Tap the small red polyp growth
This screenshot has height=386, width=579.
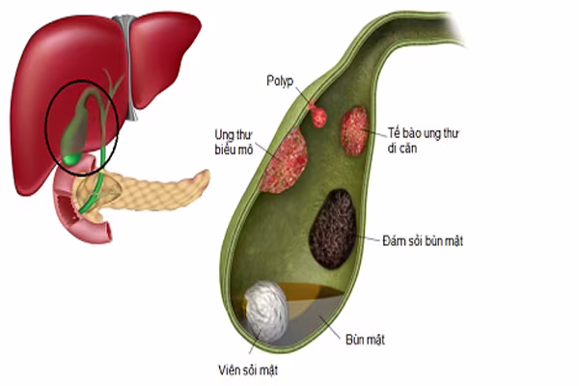pyautogui.click(x=317, y=116)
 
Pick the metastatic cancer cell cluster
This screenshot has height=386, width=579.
pyautogui.click(x=354, y=130)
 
